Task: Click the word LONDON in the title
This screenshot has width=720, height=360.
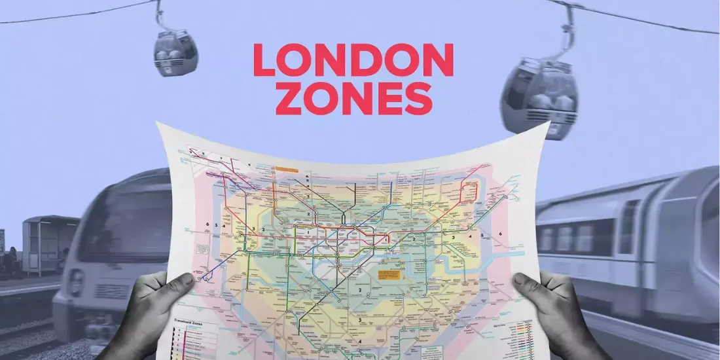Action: coord(353,60)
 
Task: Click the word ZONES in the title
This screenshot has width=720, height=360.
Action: coord(354,99)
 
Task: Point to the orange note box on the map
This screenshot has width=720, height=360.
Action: coord(391,276)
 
